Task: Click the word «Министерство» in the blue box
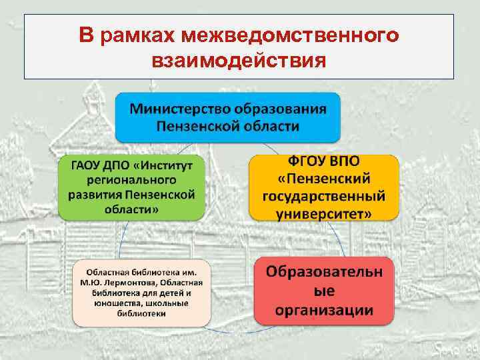click(175, 108)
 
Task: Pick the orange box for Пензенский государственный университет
click(324, 187)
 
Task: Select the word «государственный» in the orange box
click(324, 197)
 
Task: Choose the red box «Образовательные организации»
click(324, 291)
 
